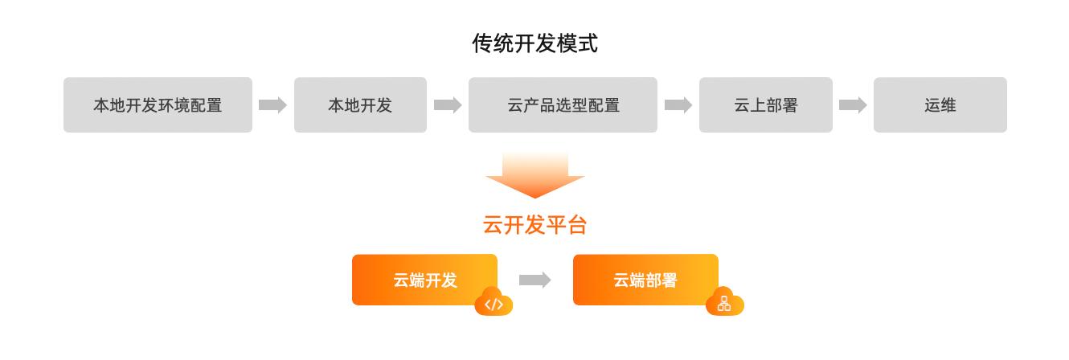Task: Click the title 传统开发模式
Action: [534, 43]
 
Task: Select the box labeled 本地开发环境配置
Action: [158, 104]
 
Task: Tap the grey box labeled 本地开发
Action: [360, 104]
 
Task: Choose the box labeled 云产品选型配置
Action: [563, 104]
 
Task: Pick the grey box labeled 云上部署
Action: [765, 104]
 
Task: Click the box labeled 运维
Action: [940, 104]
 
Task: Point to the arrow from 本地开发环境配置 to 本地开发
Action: [272, 104]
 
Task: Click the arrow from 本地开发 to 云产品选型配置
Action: [448, 104]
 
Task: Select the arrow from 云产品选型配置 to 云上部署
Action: [678, 104]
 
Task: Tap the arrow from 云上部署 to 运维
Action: [853, 104]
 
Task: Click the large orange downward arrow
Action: [534, 175]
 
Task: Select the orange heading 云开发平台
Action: [534, 225]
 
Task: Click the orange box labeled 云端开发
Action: [424, 280]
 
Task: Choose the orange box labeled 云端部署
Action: [645, 280]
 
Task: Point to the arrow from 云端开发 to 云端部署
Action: [534, 280]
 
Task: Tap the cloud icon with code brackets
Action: [494, 303]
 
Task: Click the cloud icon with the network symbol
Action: [724, 303]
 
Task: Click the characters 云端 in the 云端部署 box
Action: [629, 280]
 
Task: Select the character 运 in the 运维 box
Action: [932, 104]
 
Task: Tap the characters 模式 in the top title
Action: [582, 43]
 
